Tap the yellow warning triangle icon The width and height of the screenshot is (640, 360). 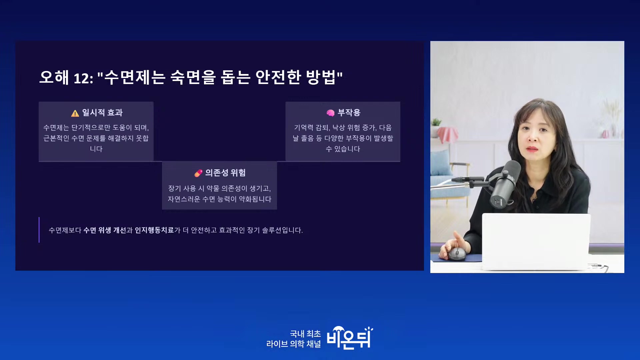75,113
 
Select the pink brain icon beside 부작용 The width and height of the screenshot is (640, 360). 330,113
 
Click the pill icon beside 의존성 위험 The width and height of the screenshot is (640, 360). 198,173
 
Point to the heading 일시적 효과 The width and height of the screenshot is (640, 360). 102,113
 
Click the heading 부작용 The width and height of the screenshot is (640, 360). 349,113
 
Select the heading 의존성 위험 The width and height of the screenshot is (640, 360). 225,173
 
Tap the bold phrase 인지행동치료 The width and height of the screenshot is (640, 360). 154,230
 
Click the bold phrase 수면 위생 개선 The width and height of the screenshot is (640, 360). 105,230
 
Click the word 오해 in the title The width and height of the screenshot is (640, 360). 54,77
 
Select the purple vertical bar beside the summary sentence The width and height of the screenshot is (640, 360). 39,230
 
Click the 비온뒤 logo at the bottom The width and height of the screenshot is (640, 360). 350,338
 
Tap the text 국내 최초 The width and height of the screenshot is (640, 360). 305,334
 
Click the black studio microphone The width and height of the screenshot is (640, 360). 505,183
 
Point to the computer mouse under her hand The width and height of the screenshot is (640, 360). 457,254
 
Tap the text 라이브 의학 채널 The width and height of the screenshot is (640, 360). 294,344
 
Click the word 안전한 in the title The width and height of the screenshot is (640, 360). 278,77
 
